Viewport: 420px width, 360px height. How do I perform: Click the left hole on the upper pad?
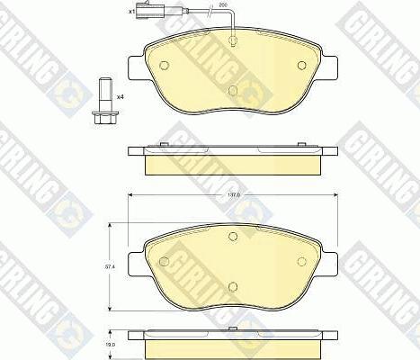(x=165, y=64)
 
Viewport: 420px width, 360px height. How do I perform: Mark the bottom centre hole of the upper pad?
(x=233, y=90)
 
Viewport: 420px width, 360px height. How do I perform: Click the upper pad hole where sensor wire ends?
(x=233, y=40)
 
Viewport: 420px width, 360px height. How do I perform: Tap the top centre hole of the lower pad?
(x=233, y=237)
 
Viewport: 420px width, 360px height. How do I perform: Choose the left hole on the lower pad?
(x=165, y=261)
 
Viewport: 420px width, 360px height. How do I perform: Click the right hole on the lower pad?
(x=300, y=261)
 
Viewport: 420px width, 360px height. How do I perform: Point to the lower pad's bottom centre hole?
(x=233, y=287)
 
